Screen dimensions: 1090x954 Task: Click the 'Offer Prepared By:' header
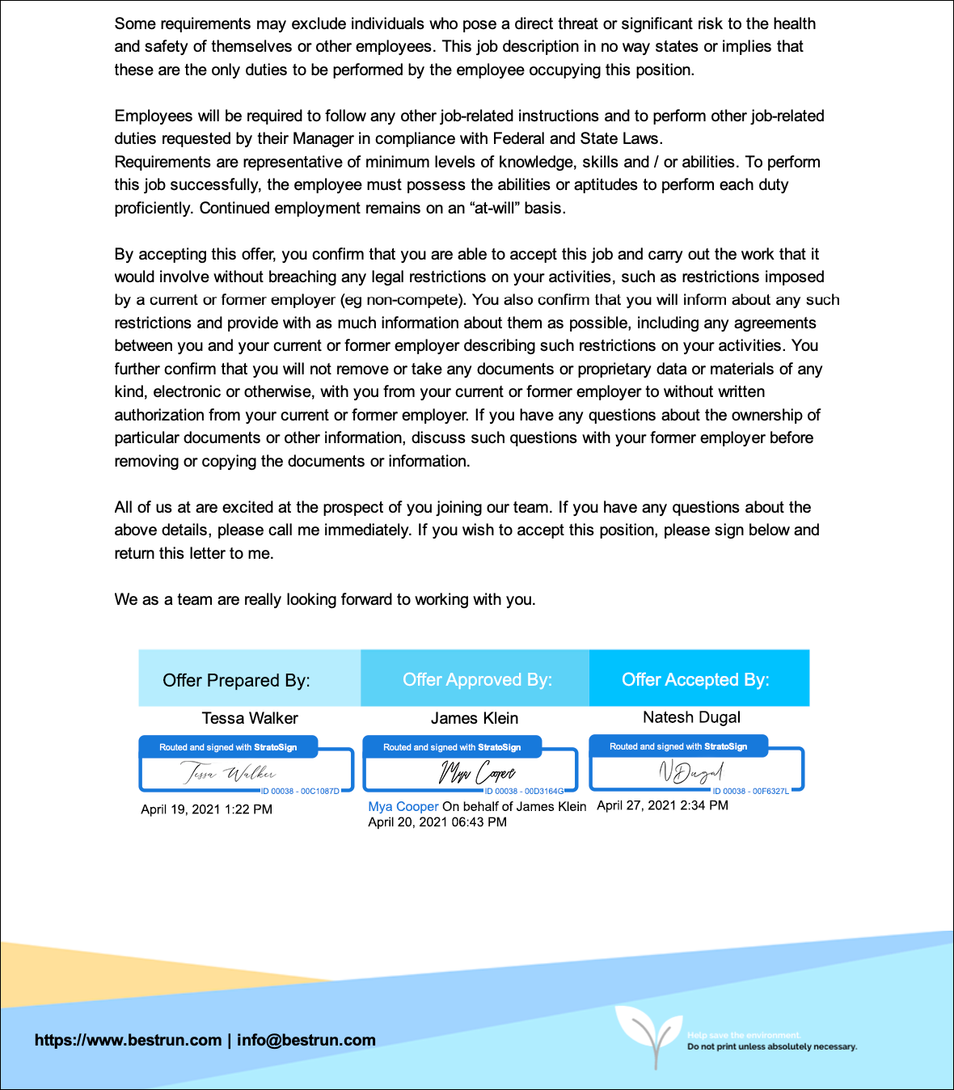[236, 680]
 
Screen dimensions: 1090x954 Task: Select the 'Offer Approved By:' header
[477, 679]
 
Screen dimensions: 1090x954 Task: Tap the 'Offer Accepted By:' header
[695, 679]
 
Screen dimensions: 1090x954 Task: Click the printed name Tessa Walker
[250, 718]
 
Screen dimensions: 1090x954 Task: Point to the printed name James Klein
[475, 718]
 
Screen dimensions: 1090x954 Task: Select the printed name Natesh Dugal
[691, 717]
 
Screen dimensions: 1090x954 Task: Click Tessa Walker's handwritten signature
[229, 773]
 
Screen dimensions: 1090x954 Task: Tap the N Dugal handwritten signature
[691, 772]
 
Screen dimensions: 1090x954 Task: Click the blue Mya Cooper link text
[403, 806]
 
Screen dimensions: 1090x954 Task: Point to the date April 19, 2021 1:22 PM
[206, 809]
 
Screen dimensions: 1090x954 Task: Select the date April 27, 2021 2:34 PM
[662, 805]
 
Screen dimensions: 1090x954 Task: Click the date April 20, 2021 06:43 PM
[437, 822]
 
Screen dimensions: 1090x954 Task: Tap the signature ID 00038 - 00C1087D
[300, 791]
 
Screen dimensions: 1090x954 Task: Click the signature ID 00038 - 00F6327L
[750, 791]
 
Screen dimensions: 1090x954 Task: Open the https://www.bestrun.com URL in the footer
[128, 1040]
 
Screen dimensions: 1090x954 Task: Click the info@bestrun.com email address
[306, 1040]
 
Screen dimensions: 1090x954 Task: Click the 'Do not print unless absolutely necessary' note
[772, 1046]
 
